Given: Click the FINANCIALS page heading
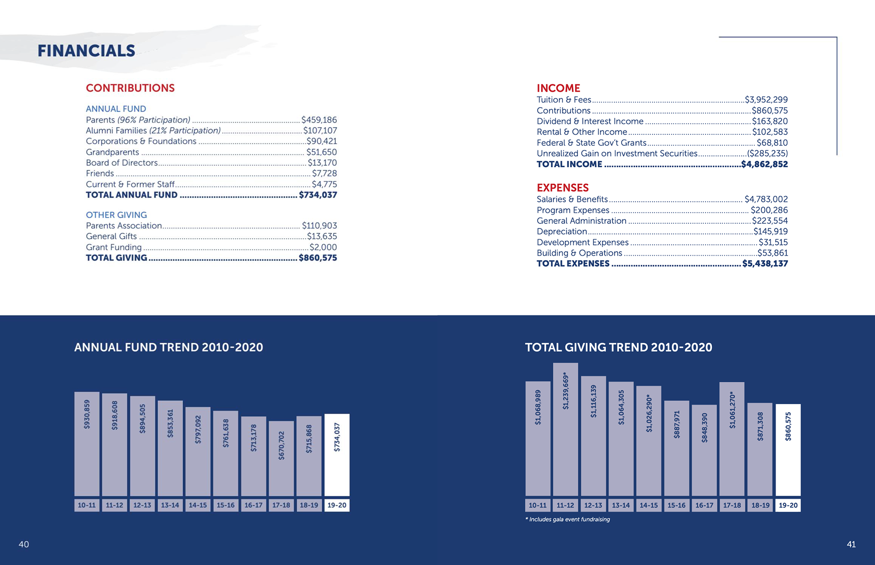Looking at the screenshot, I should click(86, 51).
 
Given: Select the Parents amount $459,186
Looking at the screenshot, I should click(319, 120).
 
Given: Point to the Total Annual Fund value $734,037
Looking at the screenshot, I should click(318, 195).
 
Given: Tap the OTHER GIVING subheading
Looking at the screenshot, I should click(116, 215).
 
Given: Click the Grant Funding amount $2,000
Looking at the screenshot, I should click(323, 247).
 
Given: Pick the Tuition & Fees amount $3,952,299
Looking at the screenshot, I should click(766, 100).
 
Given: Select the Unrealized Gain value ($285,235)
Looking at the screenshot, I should click(767, 154).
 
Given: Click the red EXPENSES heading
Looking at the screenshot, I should click(562, 188).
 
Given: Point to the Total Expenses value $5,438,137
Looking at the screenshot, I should click(765, 263).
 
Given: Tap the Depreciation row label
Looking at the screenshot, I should click(561, 231).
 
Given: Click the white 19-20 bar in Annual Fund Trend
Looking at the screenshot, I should click(337, 454).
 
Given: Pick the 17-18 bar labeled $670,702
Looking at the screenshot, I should click(281, 458).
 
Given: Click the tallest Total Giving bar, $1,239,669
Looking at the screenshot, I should click(566, 429).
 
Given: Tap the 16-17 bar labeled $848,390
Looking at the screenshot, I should click(704, 450).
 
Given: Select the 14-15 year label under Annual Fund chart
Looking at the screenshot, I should click(198, 505).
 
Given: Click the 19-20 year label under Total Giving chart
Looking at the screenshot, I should click(788, 505).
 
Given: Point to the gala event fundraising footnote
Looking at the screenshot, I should click(567, 519).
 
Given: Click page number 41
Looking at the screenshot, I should click(851, 544).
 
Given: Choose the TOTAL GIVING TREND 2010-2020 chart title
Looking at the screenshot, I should click(618, 347).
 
